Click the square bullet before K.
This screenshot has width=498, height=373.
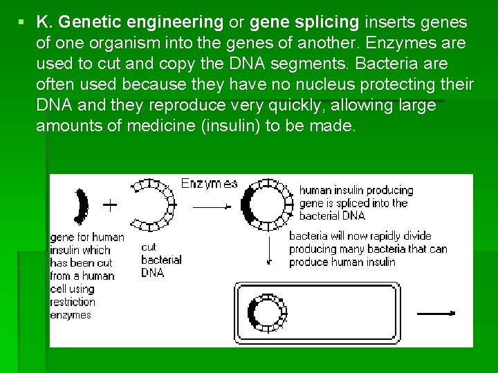point(22,22)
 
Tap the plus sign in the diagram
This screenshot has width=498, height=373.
point(109,205)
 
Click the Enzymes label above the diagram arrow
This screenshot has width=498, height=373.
point(209,184)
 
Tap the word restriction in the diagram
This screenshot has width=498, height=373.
point(73,302)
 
